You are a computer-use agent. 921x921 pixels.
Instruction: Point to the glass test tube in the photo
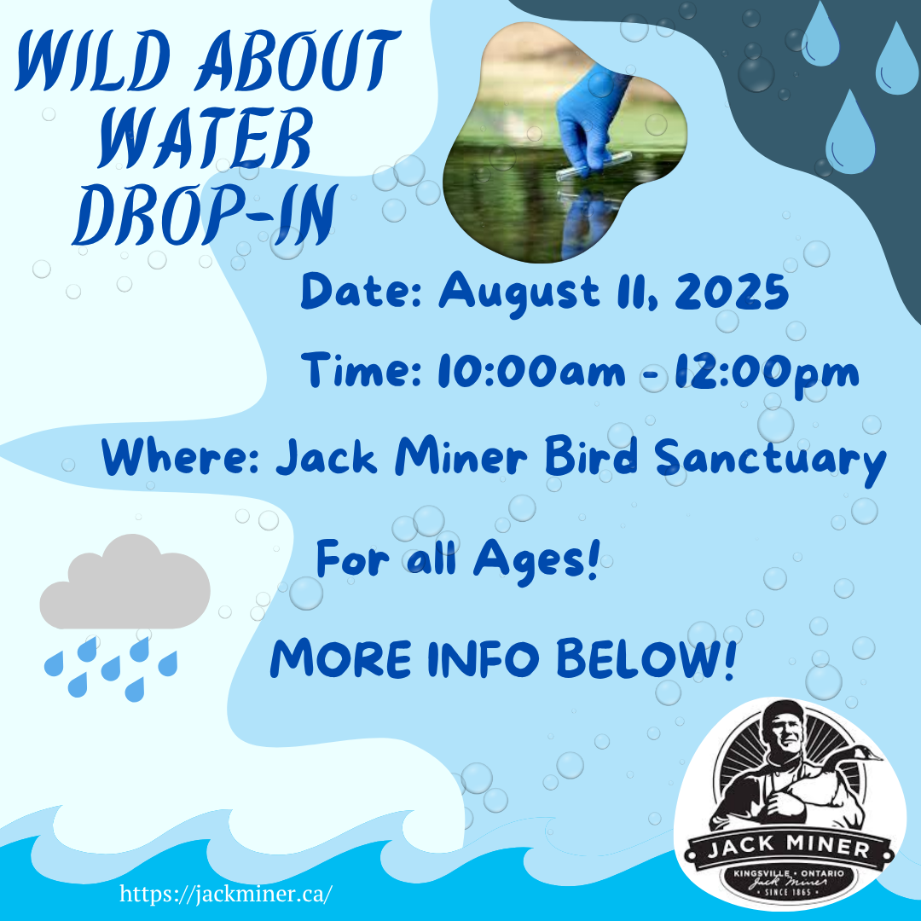pyautogui.click(x=594, y=166)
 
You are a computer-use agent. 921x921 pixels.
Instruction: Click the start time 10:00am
pyautogui.click(x=531, y=371)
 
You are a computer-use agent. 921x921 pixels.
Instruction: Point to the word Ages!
pyautogui.click(x=536, y=560)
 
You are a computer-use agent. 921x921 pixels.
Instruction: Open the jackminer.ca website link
pyautogui.click(x=226, y=894)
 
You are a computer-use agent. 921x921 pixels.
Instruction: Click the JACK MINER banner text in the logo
pyautogui.click(x=789, y=847)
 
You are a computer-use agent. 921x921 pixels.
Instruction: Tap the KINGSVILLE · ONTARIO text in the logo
pyautogui.click(x=789, y=873)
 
